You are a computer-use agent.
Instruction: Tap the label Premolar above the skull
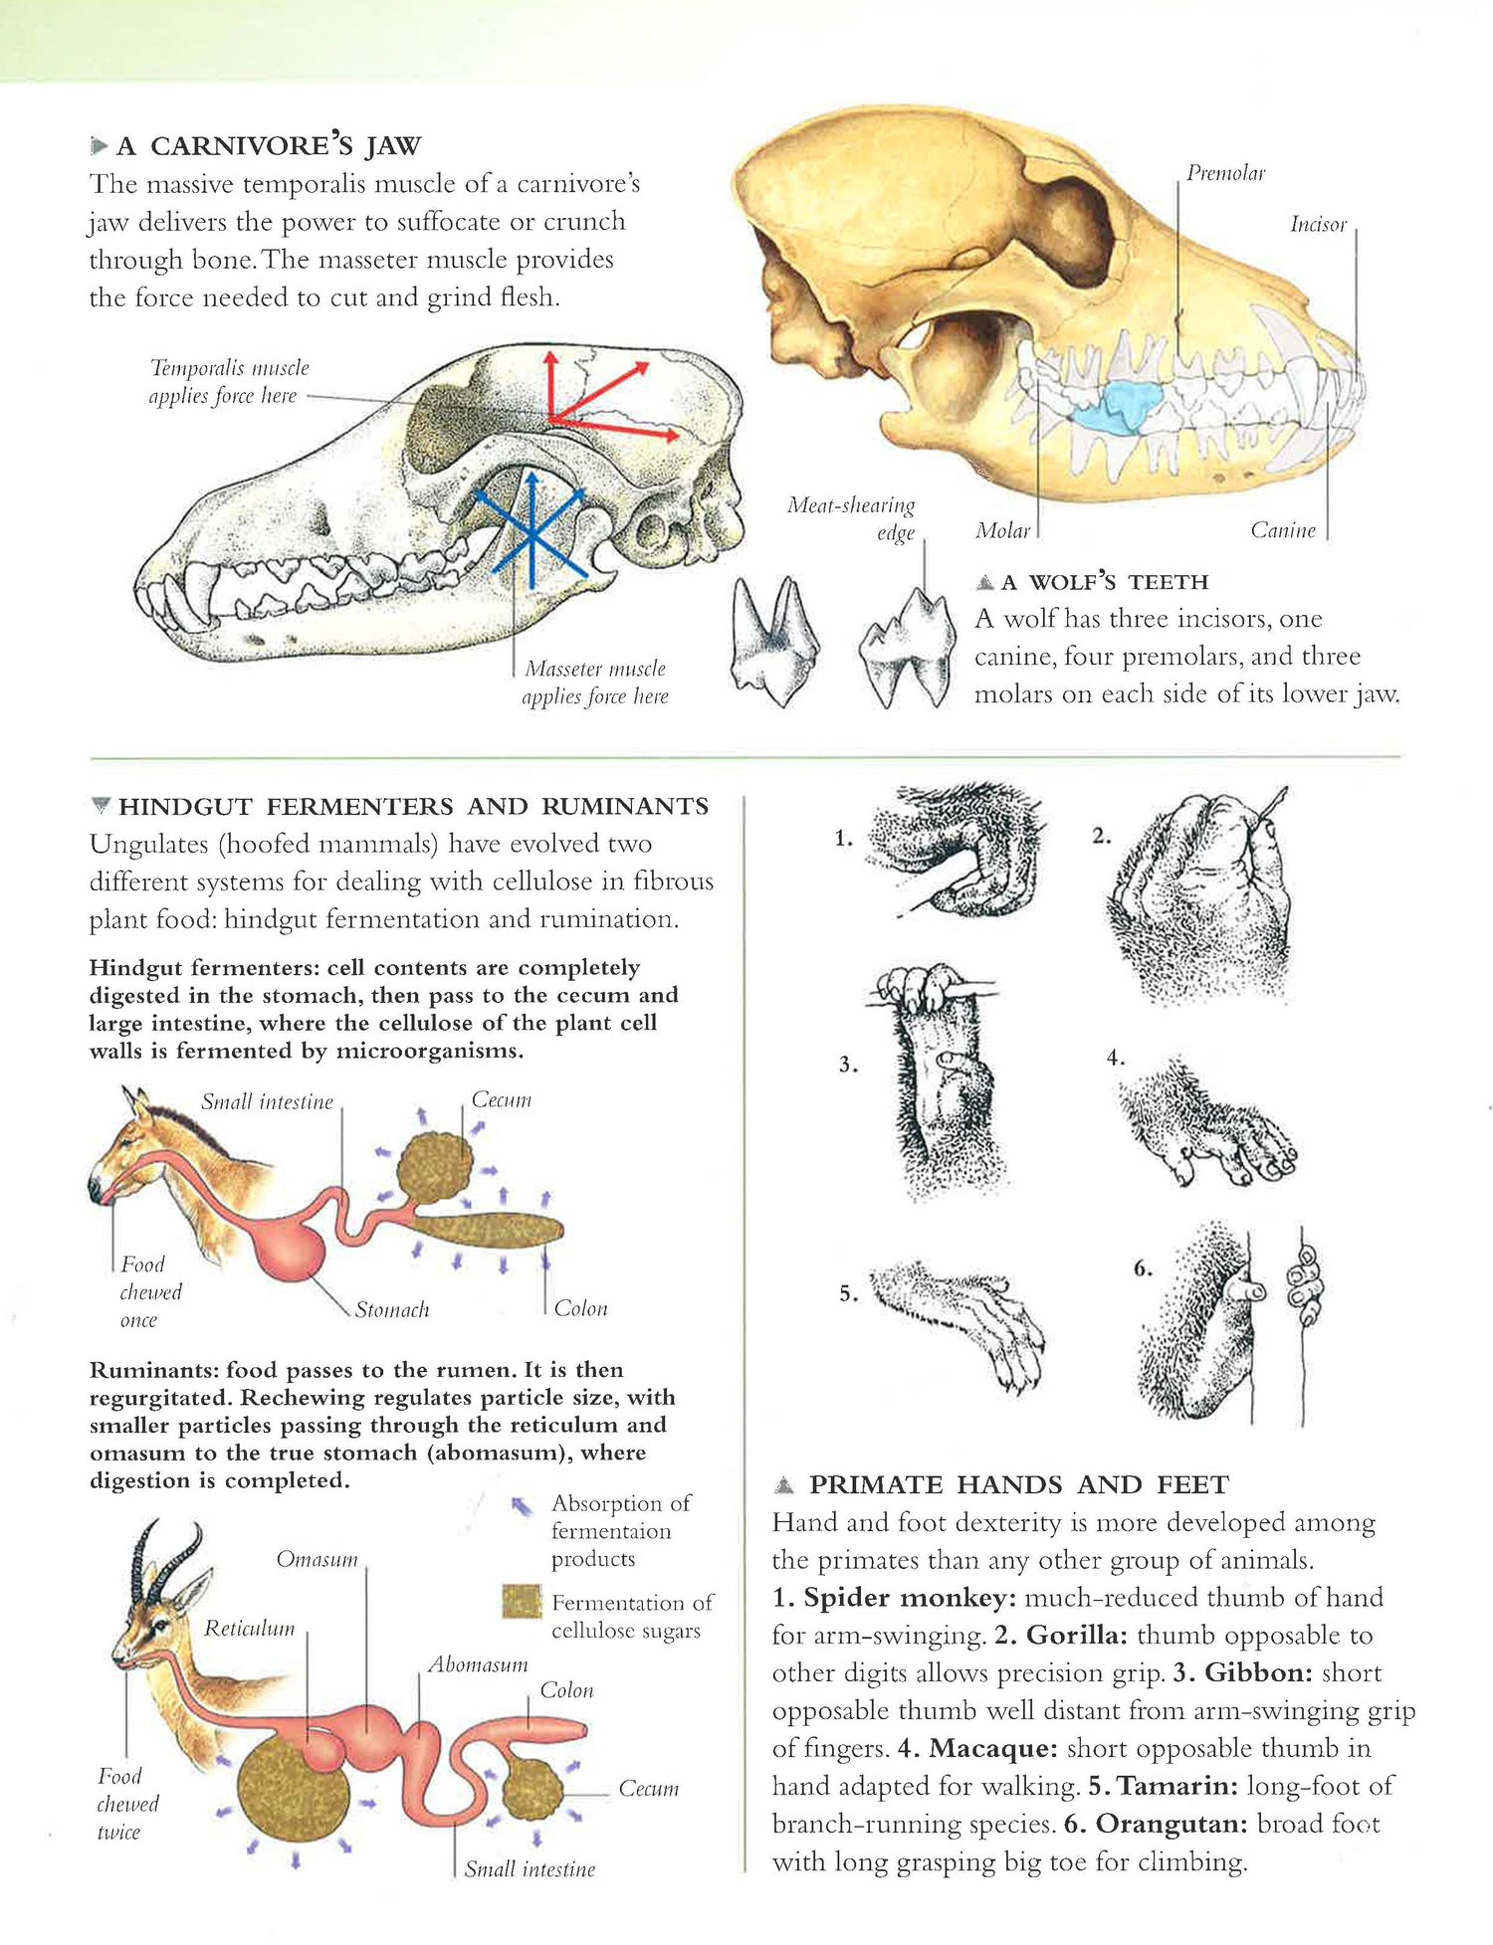1225,173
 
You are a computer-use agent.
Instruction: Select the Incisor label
1318,225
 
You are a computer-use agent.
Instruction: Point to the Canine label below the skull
1283,530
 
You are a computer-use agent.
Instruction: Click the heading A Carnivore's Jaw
269,146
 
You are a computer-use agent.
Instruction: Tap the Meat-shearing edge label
851,518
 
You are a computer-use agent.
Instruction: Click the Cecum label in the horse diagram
501,1099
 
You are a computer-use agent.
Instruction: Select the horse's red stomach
289,1246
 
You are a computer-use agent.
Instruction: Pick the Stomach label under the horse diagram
392,1310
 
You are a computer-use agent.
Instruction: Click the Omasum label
317,1559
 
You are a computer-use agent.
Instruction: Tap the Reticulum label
250,1629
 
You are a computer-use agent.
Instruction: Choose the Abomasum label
478,1664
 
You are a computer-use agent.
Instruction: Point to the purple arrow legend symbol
521,1507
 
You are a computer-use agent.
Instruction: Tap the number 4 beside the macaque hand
1115,1059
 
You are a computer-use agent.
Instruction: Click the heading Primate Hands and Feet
1018,1485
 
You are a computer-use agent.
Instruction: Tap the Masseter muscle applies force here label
595,682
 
